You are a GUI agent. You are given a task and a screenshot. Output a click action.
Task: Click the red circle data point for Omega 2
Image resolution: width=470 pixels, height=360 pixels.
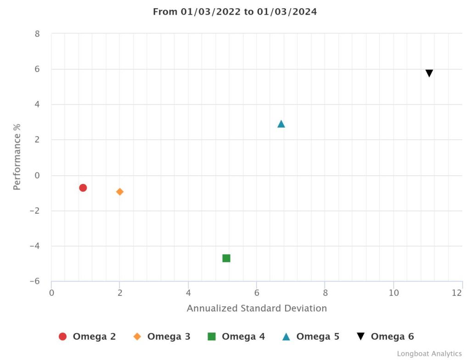coord(83,188)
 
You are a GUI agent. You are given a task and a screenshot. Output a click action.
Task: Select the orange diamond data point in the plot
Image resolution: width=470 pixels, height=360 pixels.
coord(120,192)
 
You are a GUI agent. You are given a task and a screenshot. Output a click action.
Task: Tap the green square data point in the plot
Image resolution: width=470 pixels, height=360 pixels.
coord(226,258)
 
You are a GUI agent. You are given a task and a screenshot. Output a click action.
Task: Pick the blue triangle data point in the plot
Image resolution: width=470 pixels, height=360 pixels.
coord(281,124)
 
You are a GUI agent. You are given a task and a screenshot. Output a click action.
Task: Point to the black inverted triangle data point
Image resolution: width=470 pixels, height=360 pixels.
coord(429,73)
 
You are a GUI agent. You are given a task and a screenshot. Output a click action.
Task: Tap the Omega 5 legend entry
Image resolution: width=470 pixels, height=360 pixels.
coord(311,337)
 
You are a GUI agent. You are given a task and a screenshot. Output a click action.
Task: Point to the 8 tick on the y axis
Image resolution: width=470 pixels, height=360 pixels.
coord(37,34)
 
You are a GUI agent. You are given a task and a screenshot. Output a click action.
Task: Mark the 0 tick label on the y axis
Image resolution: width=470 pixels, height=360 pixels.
coord(37,176)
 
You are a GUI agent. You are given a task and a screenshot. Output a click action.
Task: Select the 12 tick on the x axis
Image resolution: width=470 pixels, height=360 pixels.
coord(457,293)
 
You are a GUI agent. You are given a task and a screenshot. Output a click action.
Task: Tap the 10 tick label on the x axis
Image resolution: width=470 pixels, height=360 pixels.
coord(394,293)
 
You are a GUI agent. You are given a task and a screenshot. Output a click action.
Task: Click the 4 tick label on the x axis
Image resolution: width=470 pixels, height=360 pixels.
coord(188,293)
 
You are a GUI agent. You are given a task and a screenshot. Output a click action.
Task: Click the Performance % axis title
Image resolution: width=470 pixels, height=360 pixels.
coord(17,157)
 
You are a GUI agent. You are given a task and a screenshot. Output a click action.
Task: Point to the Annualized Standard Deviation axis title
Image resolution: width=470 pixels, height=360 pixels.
coord(257,308)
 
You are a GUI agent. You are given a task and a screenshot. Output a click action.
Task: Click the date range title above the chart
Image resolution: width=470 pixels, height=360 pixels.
coord(235,12)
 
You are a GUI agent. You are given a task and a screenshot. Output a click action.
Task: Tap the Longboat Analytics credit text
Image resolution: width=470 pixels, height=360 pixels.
coord(429,354)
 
